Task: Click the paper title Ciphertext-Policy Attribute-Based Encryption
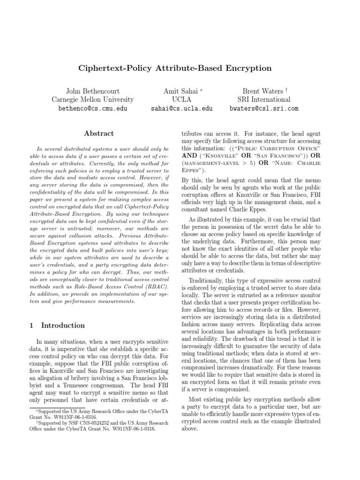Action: point(174,68)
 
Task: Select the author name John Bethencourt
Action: point(92,91)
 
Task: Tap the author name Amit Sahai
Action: point(180,91)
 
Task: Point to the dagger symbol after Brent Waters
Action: point(280,90)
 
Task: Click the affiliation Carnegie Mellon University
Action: point(92,100)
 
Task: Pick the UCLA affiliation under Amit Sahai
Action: point(182,100)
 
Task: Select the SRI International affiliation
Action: point(263,100)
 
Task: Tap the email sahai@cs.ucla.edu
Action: point(182,109)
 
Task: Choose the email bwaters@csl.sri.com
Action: point(263,109)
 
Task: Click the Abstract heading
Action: point(99,134)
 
